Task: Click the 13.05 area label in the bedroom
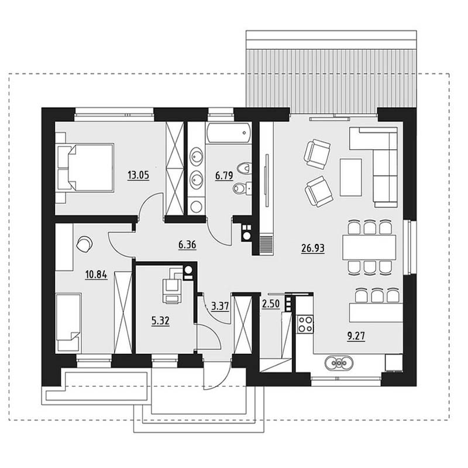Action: (138, 175)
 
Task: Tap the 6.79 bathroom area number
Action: (224, 175)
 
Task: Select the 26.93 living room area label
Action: (313, 248)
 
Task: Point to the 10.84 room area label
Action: (96, 274)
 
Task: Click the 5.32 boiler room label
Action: (160, 321)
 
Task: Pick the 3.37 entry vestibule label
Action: (220, 306)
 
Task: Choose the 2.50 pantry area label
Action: (271, 304)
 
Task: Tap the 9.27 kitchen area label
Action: (356, 336)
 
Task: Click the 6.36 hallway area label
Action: (187, 245)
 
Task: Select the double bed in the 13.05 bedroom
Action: (85, 168)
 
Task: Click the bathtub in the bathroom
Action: (228, 133)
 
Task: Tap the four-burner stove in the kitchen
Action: (305, 324)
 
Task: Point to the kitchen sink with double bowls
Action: (339, 363)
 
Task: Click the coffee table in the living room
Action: (350, 177)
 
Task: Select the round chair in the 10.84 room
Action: (84, 244)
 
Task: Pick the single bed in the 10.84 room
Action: (68, 322)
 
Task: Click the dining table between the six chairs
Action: (369, 247)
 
